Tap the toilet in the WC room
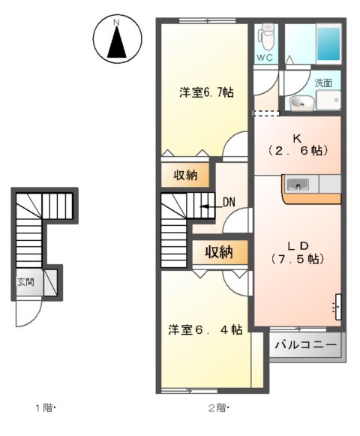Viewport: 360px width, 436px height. (266, 35)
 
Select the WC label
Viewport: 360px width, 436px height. (265, 57)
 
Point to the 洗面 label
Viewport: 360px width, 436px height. (323, 83)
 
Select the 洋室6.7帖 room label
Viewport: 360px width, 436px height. (205, 93)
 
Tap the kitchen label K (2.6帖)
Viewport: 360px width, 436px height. (296, 144)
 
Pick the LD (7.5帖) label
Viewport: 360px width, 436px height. (296, 251)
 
